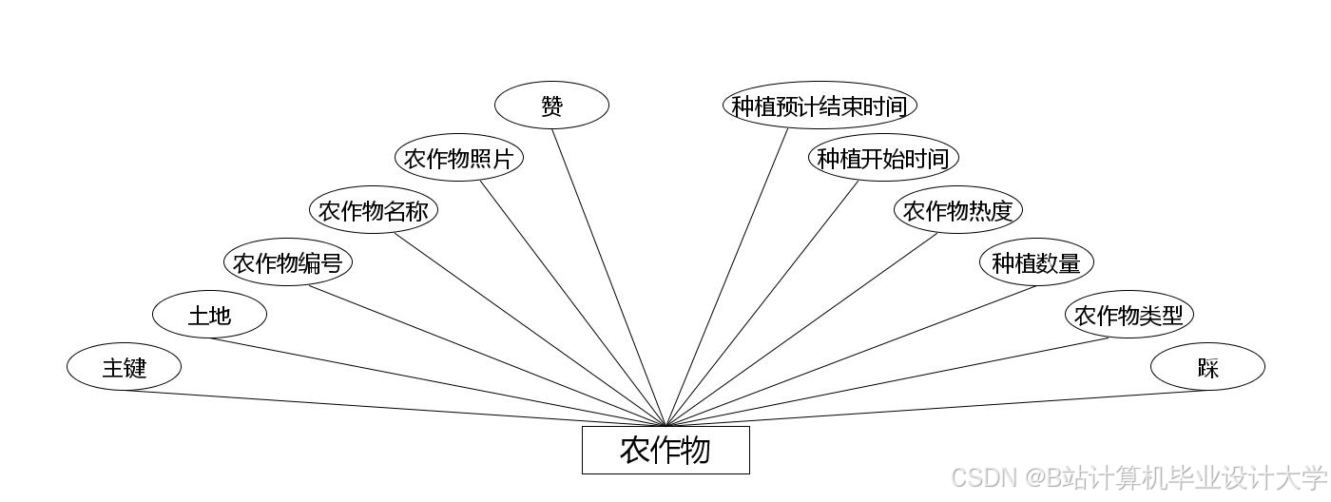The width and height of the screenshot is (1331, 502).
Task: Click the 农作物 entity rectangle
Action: [665, 450]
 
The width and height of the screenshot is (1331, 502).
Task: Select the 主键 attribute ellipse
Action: [124, 367]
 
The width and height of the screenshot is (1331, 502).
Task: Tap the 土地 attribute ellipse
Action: [209, 315]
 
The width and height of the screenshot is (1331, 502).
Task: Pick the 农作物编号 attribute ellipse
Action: [287, 262]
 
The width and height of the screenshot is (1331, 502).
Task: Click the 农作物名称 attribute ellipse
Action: [373, 210]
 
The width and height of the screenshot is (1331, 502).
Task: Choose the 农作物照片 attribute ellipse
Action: [458, 158]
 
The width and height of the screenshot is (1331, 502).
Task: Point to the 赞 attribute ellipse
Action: [551, 106]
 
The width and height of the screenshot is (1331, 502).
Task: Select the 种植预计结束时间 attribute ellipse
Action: [819, 106]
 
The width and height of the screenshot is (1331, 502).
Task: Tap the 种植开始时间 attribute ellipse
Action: [883, 158]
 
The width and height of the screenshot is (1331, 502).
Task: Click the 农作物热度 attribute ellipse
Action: [957, 210]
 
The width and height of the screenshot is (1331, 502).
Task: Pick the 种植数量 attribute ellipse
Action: [1036, 262]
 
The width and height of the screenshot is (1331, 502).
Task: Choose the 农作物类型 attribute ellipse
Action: [1128, 315]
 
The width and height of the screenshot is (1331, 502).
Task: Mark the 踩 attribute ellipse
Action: [1207, 367]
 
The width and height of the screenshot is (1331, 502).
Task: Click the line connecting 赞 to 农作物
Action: [608, 276]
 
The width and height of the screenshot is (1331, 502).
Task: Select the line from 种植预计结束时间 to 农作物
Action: [728, 276]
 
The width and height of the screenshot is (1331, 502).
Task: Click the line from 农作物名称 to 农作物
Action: [530, 329]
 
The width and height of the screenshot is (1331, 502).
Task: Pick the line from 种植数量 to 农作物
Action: [851, 356]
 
